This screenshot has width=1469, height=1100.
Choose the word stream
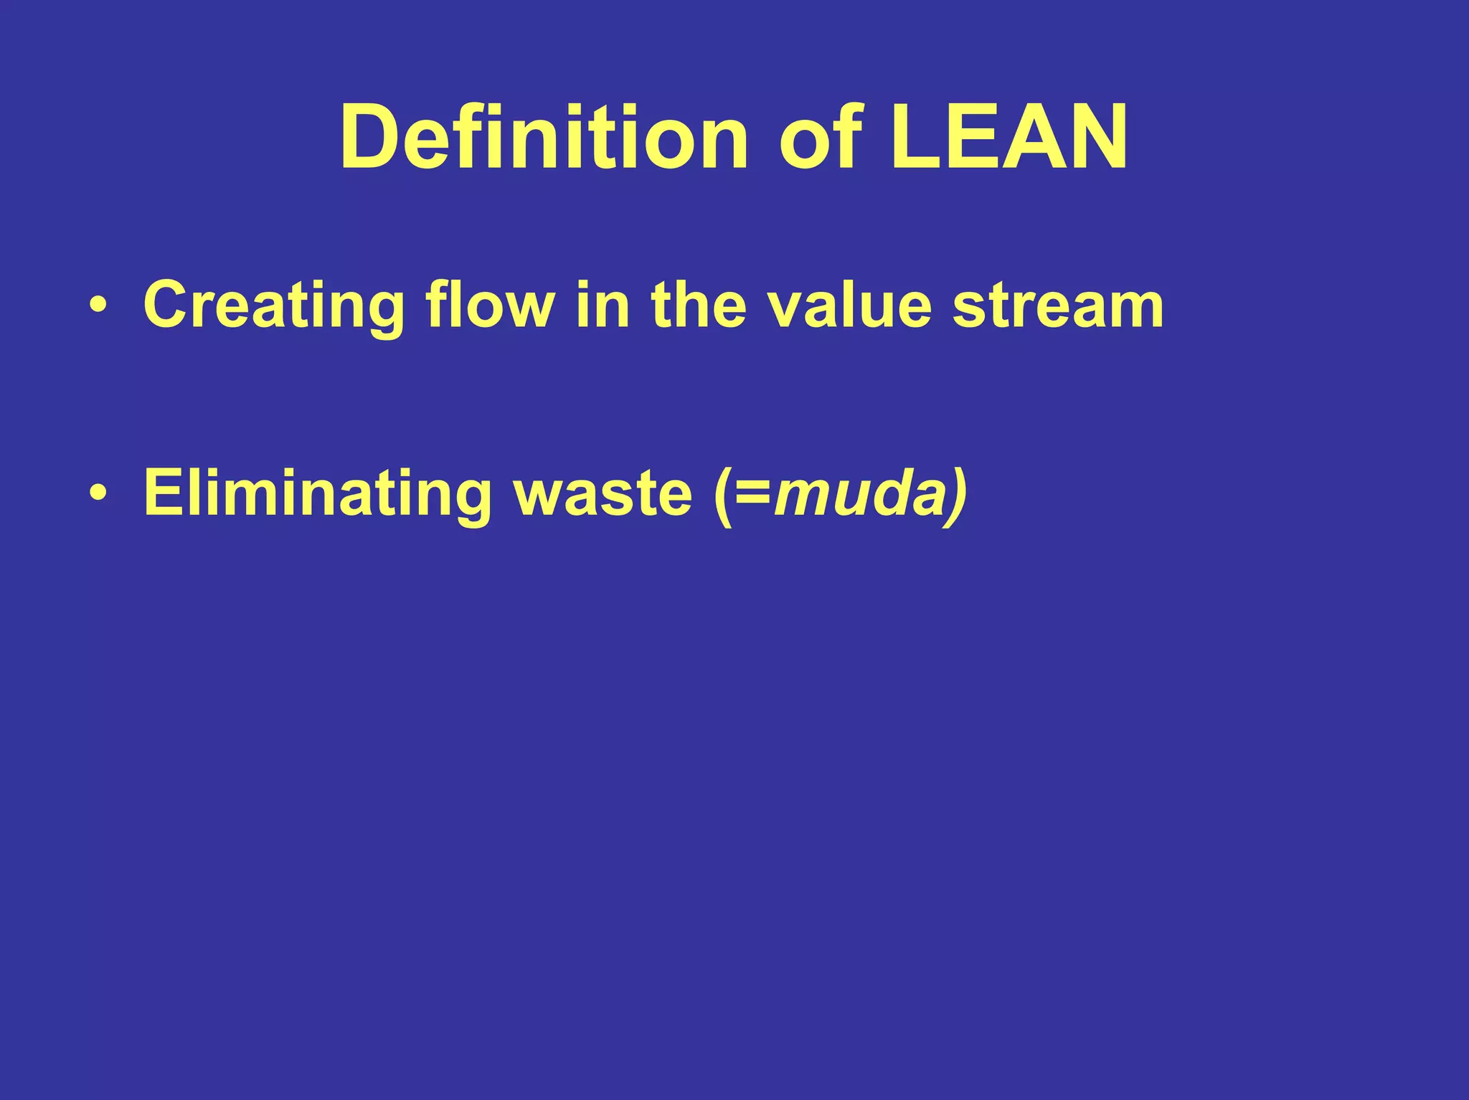(x=1057, y=306)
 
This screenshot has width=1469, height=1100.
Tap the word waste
(x=603, y=494)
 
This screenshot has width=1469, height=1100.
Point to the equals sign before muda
(x=752, y=495)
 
